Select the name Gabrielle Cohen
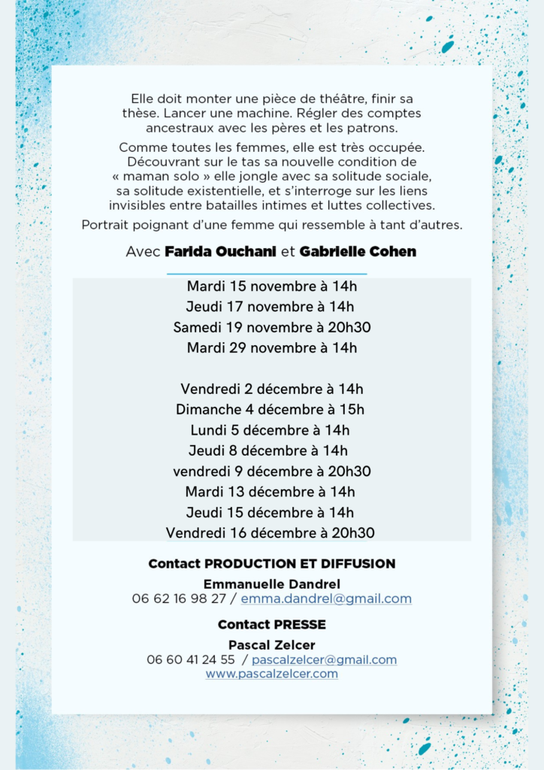(358, 252)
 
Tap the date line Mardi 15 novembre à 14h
(272, 286)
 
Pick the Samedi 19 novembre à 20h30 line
(272, 327)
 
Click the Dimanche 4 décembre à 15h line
(270, 410)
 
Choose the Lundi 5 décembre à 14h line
(270, 431)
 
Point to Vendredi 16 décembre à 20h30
(270, 533)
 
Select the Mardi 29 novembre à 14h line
(272, 348)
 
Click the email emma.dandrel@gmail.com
(326, 599)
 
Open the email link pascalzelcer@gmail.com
(324, 660)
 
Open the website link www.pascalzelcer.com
(272, 674)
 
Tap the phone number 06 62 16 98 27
(179, 599)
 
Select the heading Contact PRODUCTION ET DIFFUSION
(272, 564)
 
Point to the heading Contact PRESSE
(272, 625)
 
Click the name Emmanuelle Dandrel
(272, 584)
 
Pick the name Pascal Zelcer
(272, 645)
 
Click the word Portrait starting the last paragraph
(107, 225)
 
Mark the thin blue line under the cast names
(267, 274)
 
